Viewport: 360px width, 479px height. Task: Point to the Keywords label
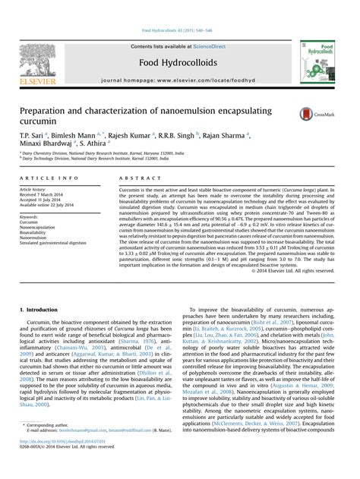click(x=33, y=216)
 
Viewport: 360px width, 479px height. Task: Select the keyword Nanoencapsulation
click(x=42, y=227)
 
